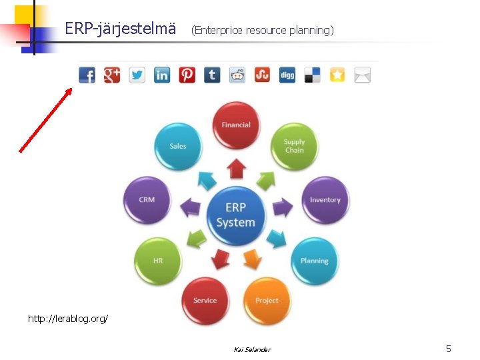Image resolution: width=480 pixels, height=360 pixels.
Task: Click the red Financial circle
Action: click(236, 125)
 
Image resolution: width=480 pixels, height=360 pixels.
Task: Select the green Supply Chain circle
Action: click(294, 146)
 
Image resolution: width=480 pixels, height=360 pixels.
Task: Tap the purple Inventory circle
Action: click(325, 200)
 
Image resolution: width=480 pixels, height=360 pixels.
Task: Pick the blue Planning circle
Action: click(314, 261)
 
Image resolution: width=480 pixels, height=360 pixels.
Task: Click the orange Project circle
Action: click(267, 300)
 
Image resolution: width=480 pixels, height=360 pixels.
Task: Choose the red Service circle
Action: click(205, 300)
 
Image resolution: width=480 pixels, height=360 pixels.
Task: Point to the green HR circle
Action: click(158, 261)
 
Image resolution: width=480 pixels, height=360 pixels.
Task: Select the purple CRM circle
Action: click(147, 200)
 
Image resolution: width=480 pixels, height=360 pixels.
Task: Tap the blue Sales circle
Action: click(178, 146)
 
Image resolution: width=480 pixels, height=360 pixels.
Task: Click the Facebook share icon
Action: click(87, 75)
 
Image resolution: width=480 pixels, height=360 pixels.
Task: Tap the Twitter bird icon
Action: click(137, 75)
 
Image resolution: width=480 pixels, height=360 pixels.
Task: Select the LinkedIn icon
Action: click(162, 75)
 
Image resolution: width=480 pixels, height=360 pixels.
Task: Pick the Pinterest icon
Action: click(187, 75)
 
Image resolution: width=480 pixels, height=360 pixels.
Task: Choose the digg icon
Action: click(287, 75)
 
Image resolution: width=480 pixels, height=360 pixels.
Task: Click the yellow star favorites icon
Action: click(337, 75)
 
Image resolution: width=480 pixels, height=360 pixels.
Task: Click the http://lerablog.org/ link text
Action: click(68, 319)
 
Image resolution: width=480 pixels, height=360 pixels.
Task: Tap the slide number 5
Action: click(449, 349)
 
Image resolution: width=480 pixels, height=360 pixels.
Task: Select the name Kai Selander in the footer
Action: click(252, 349)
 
